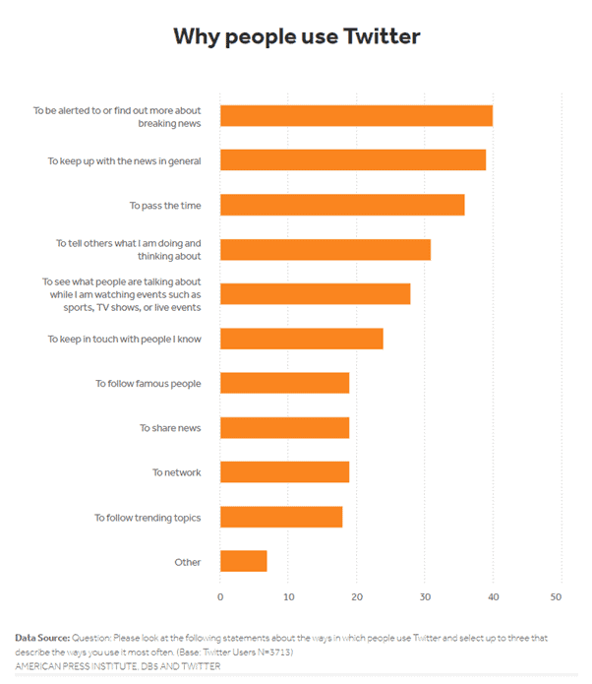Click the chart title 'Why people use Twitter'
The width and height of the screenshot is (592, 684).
tap(296, 37)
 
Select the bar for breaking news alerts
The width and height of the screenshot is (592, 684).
tap(356, 115)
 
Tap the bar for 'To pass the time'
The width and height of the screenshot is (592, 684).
tap(342, 205)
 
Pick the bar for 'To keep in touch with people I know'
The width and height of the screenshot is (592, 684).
tap(301, 339)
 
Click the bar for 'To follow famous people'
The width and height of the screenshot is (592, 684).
tap(284, 383)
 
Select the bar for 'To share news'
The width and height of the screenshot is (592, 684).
tap(284, 427)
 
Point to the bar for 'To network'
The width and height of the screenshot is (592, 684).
tap(284, 471)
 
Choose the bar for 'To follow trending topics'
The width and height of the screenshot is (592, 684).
tap(281, 517)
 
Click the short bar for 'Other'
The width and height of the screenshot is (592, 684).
tap(243, 561)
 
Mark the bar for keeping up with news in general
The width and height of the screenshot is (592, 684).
tap(353, 159)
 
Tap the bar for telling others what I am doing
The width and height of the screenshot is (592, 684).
tap(326, 249)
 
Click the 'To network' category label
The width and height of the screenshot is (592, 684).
tap(176, 472)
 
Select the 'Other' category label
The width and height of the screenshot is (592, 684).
tap(187, 562)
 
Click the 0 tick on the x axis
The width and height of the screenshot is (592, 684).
tap(220, 596)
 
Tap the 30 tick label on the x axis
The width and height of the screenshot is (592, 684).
tap(424, 596)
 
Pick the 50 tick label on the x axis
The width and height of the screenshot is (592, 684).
tap(556, 596)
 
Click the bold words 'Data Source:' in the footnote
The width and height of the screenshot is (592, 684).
tap(42, 639)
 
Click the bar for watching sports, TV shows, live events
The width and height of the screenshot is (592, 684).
tap(315, 293)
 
